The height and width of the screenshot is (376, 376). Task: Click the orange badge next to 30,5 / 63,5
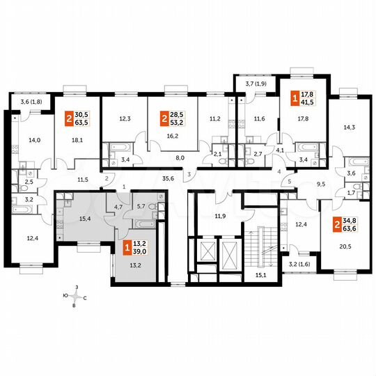69,118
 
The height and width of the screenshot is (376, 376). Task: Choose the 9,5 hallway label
321,185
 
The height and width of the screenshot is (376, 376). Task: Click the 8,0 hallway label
179,158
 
